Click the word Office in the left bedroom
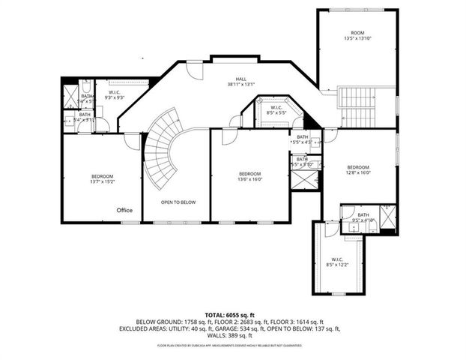click(124, 210)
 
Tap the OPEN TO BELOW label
click(178, 202)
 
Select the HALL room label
click(240, 78)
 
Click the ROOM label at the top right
click(358, 32)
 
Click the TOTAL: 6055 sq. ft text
click(232, 314)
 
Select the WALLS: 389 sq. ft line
click(232, 335)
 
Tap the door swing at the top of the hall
click(194, 71)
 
